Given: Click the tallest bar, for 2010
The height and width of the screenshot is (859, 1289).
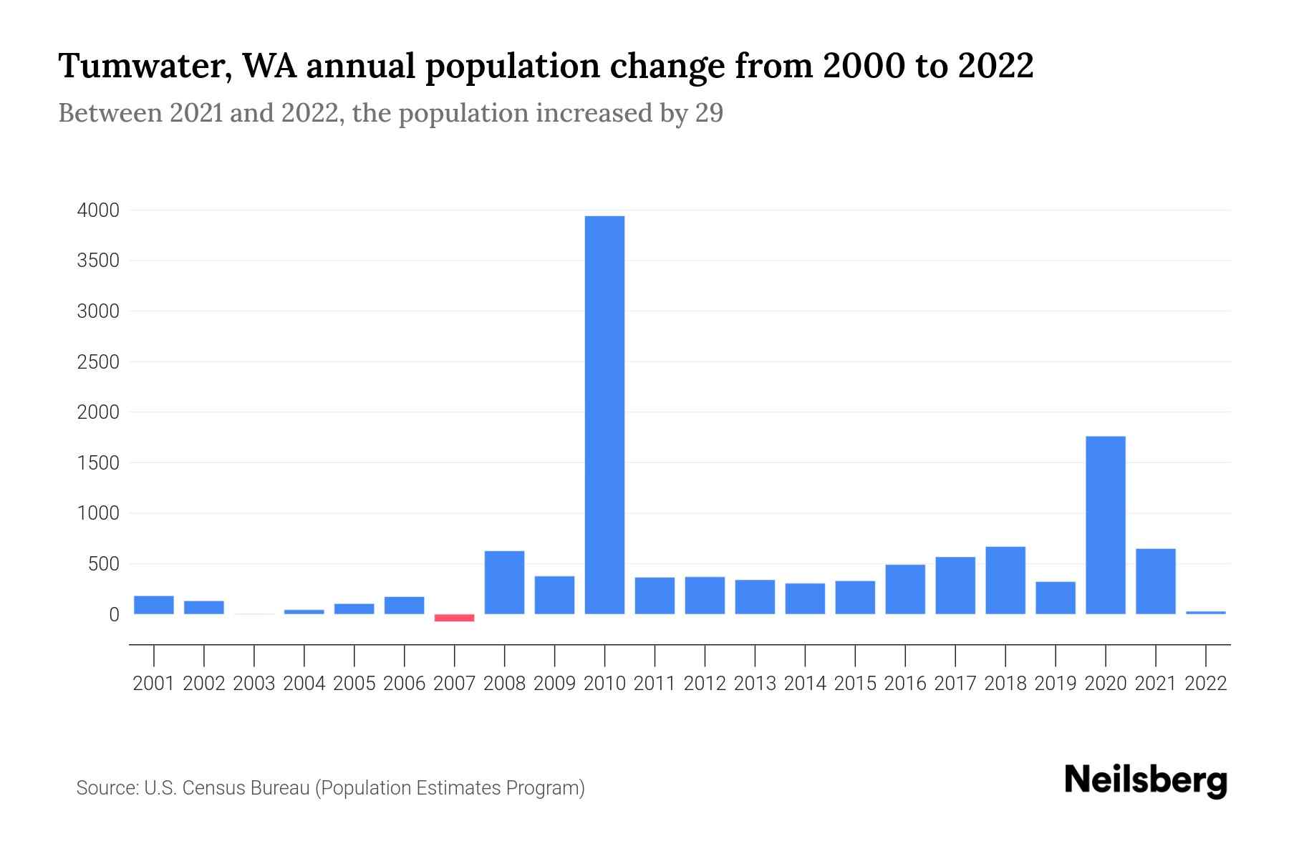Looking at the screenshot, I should coord(604,415).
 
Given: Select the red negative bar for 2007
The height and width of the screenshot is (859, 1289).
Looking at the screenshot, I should coord(454,618).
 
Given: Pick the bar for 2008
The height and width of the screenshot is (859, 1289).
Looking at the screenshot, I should coord(504,582).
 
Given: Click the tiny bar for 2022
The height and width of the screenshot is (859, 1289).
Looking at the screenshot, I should coord(1205,613).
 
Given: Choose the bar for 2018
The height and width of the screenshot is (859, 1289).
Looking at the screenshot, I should coord(1005,580).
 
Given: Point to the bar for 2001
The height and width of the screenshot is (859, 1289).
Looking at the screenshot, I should coord(153,605).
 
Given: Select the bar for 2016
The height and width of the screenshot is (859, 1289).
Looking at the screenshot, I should coord(904,589).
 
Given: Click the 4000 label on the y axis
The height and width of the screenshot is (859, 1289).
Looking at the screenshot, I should coord(98,210).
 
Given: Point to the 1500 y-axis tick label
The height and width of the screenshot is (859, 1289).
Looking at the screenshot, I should coord(98,463).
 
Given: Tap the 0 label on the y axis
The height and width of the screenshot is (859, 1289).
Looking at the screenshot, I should coord(114,615).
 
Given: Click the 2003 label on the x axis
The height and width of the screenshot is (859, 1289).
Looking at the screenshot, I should coord(254,684).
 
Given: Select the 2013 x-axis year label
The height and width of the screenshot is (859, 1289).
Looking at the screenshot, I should coord(755,684).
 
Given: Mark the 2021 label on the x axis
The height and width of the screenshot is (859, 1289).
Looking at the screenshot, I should coord(1155,684).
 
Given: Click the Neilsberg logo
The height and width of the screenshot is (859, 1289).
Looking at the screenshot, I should coord(1146,780).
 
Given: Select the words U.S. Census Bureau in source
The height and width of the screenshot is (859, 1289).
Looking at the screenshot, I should coord(227,788).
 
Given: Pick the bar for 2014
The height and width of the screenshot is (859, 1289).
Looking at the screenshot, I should coord(804,598).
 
